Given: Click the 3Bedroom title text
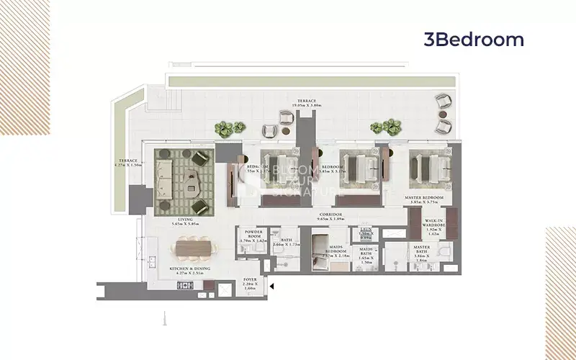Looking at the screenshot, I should pyautogui.click(x=474, y=40).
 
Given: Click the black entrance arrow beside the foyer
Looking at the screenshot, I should pyautogui.click(x=271, y=287).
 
